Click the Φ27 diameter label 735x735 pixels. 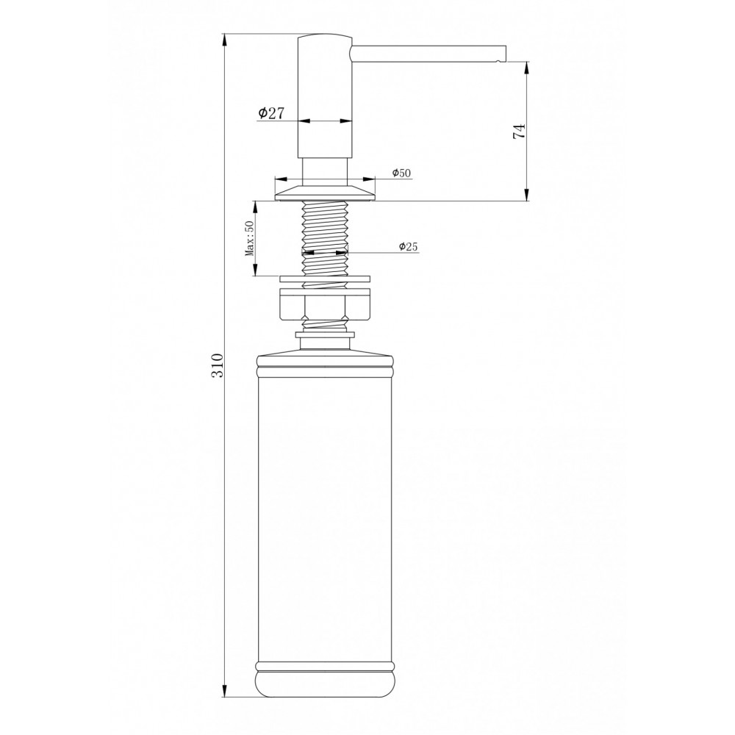click(x=271, y=113)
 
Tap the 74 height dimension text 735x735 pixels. click(x=520, y=132)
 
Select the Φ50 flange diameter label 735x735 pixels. click(x=402, y=173)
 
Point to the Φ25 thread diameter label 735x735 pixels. click(x=408, y=246)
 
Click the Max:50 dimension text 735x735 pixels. click(x=249, y=239)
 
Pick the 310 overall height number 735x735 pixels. click(x=218, y=365)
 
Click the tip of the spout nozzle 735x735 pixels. click(x=505, y=54)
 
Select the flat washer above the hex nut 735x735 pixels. click(x=325, y=279)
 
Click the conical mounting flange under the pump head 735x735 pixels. click(x=325, y=193)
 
